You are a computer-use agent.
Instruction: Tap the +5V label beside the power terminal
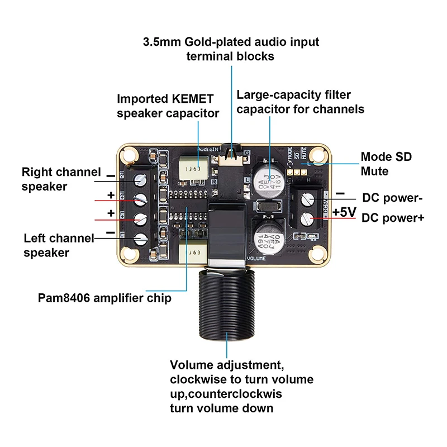[344, 212]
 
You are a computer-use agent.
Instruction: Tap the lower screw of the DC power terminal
[306, 218]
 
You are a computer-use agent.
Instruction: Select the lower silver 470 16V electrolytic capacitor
[268, 237]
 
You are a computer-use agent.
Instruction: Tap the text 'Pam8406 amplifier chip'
[104, 298]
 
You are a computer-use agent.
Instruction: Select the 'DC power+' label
[393, 218]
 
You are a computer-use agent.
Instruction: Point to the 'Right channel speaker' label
[61, 179]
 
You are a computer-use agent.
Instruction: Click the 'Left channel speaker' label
[59, 245]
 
